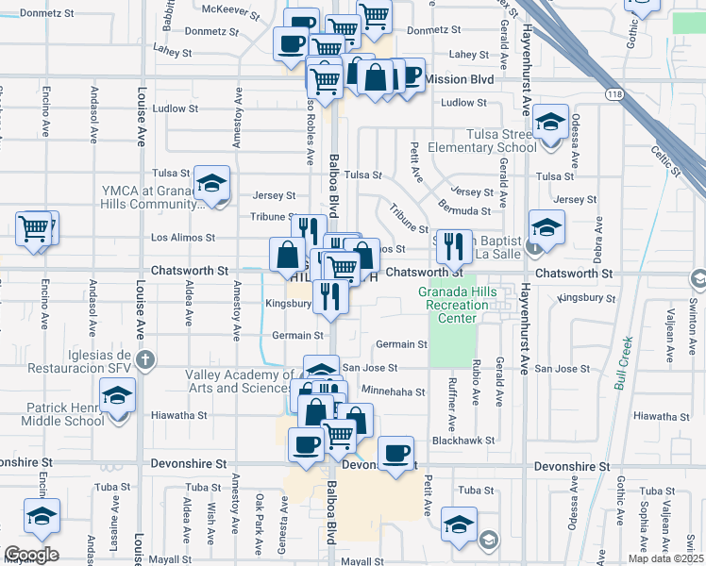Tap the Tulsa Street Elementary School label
pos(481,141)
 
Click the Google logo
pos(30,555)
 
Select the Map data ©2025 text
pos(667,558)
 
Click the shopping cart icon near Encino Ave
pos(35,227)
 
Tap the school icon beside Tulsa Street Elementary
pos(549,122)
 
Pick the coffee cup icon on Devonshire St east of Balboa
pos(396,452)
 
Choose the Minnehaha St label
pos(394,391)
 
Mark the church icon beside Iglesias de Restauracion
pos(145,359)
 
